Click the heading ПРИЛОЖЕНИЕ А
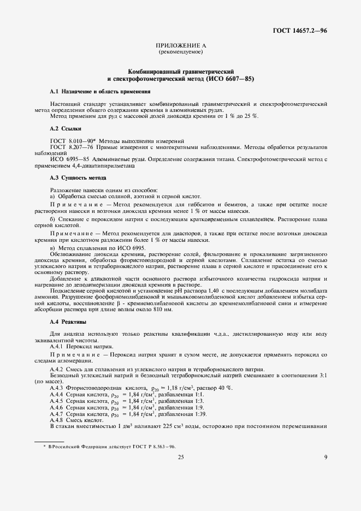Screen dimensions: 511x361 pyautogui.click(x=180, y=46)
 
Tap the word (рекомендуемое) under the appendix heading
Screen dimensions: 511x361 pyautogui.click(x=180, y=52)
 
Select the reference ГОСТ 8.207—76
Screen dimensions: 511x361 pyautogui.click(x=70, y=147)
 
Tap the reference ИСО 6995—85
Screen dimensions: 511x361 pyautogui.click(x=70, y=159)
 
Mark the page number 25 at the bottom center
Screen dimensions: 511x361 pyautogui.click(x=180, y=457)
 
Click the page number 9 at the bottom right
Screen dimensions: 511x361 pyautogui.click(x=326, y=457)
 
